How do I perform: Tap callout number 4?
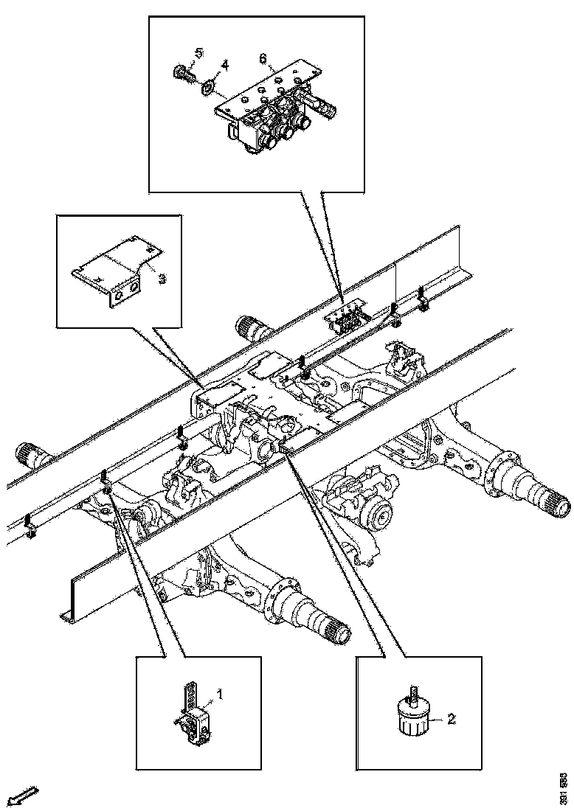226,66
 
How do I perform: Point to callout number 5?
199,52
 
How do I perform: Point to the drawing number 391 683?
563,788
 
